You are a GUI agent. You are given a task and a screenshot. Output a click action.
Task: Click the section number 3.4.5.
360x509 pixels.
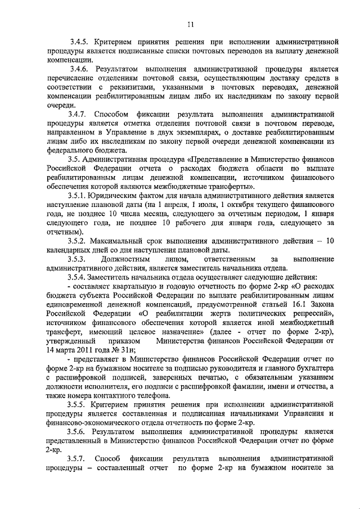coord(78,42)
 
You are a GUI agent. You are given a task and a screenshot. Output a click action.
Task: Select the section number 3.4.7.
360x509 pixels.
coord(78,115)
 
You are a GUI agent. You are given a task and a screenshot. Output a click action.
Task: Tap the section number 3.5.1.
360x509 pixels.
coord(78,196)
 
